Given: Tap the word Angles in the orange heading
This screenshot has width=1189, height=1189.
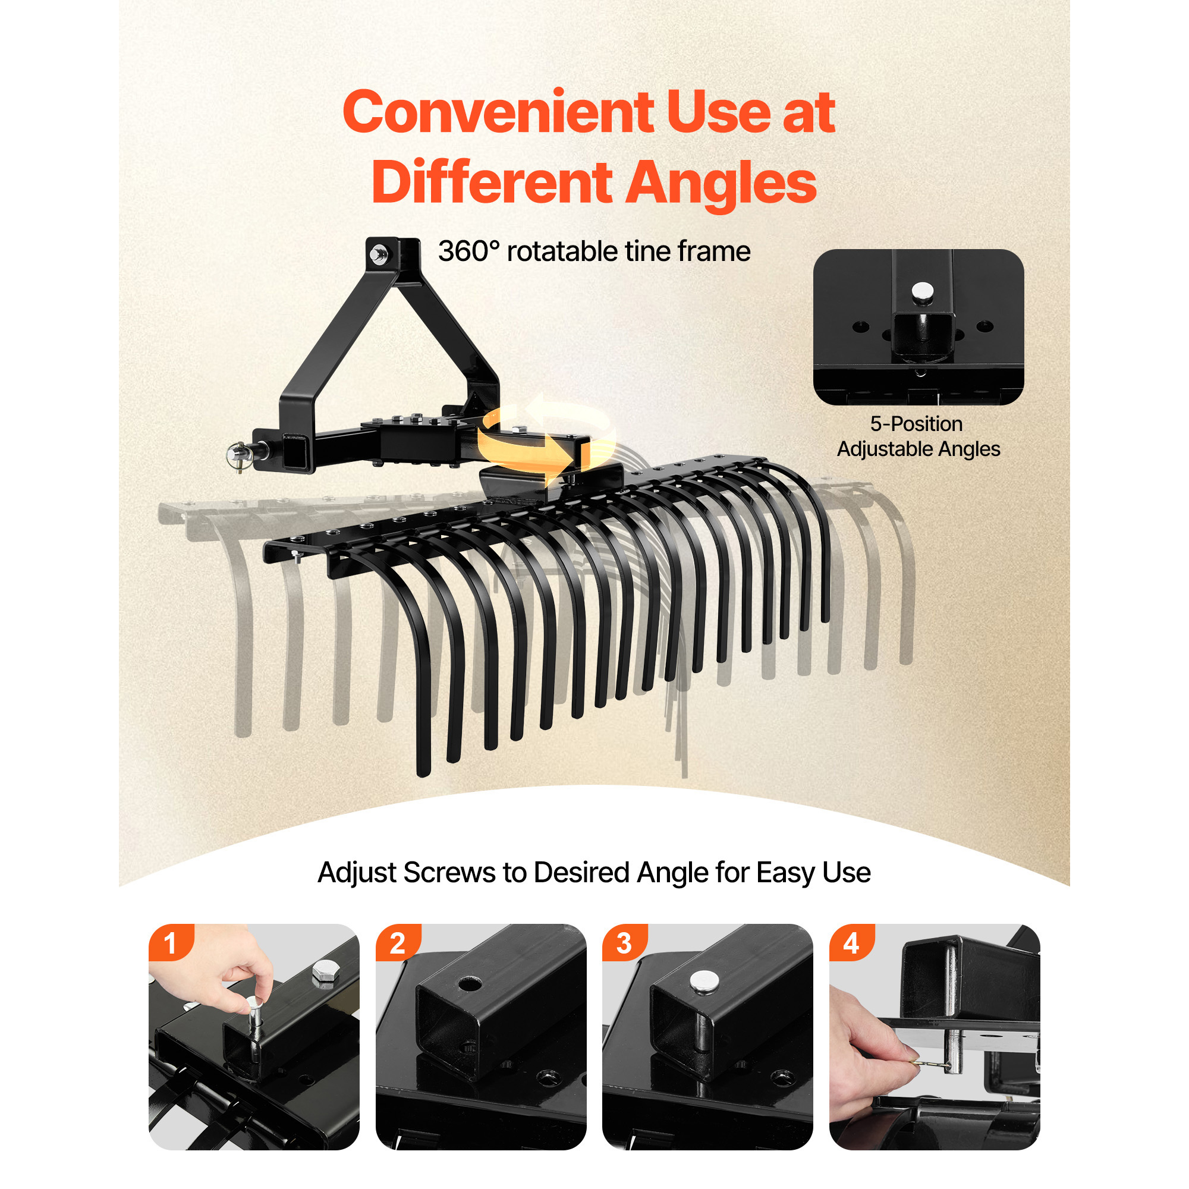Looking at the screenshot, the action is (x=721, y=183).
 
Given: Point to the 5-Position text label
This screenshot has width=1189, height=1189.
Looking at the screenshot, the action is (x=916, y=424).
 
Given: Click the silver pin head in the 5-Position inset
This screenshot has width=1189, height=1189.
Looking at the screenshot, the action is (x=922, y=292).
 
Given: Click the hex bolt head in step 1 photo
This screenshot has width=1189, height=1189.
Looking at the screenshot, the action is (x=325, y=973).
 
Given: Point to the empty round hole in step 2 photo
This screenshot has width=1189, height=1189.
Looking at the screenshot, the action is (x=470, y=983).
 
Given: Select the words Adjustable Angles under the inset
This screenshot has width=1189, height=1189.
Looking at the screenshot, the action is (x=919, y=450).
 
